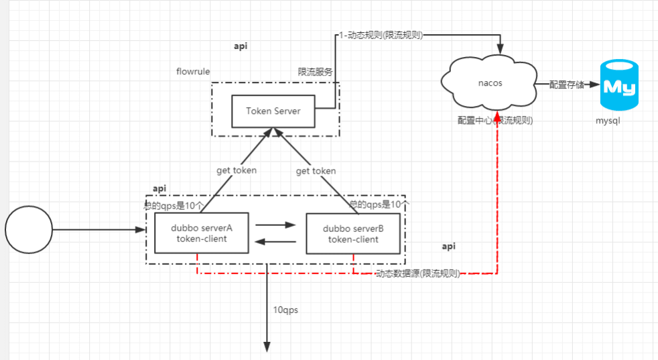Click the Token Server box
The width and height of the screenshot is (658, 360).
(x=273, y=111)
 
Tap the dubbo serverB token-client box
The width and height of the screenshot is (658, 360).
(x=352, y=233)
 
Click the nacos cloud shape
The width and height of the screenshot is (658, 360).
(x=490, y=84)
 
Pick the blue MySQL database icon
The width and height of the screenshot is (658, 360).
(x=620, y=85)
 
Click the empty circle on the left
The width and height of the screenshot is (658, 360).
(x=28, y=230)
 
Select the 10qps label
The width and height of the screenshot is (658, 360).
(x=285, y=310)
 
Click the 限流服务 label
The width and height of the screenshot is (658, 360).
(x=316, y=71)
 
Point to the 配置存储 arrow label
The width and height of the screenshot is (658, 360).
(x=567, y=84)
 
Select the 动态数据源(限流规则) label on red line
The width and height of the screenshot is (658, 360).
(x=417, y=274)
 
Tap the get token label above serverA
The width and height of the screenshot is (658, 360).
(x=236, y=170)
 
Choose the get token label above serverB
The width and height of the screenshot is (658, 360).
(x=316, y=171)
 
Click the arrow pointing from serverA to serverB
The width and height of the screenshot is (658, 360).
(x=275, y=226)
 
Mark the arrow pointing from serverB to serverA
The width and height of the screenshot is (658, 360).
(x=275, y=241)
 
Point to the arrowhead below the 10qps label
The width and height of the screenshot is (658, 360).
(x=267, y=346)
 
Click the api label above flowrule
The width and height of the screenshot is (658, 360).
(x=241, y=46)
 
